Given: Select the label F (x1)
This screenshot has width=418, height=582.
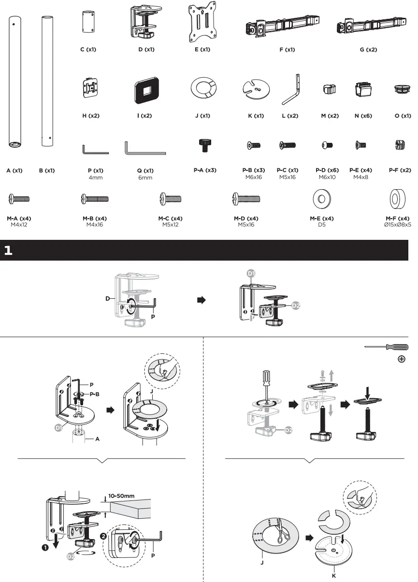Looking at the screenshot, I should (287, 50).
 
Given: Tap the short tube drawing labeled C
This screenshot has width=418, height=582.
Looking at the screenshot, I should (87, 22).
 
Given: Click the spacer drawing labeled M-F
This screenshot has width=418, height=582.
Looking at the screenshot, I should (398, 198).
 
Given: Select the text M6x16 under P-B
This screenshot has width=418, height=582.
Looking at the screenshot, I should (253, 177).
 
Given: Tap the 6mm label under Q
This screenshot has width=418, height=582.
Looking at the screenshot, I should (145, 178).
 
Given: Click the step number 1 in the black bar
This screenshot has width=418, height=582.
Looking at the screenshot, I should (8, 250).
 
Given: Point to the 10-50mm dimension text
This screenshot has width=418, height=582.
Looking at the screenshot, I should (121, 496).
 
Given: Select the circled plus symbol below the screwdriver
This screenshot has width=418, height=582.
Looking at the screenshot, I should (401, 359).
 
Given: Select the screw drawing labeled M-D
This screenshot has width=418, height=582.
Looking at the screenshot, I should (246, 198).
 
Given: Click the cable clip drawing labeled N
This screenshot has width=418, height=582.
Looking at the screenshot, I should (363, 90).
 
